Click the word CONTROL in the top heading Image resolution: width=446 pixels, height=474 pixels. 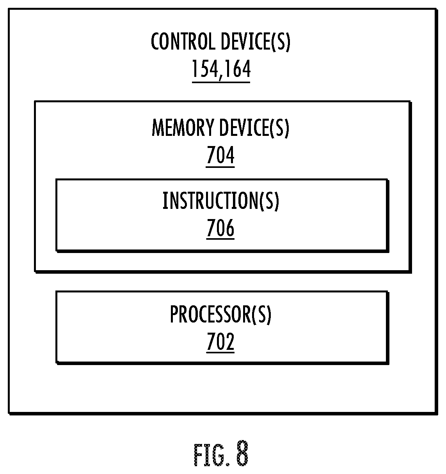(183, 41)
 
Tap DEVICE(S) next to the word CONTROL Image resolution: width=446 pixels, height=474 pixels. (256, 42)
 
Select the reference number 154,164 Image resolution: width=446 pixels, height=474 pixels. (221, 69)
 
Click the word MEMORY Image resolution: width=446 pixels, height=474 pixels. (183, 128)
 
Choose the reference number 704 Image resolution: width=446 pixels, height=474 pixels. (220, 155)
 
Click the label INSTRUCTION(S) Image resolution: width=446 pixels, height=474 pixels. (221, 201)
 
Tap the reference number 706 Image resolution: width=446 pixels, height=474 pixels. (220, 228)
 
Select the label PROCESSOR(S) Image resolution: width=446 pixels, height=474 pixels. (220, 314)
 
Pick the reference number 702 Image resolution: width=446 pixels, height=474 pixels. (220, 342)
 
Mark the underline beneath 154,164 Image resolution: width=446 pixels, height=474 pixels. (221, 82)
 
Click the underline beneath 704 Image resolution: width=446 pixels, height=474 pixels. (220, 167)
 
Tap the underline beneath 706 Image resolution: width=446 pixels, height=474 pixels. (220, 239)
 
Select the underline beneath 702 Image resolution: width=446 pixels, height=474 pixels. (220, 352)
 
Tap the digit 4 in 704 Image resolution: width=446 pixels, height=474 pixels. (230, 155)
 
